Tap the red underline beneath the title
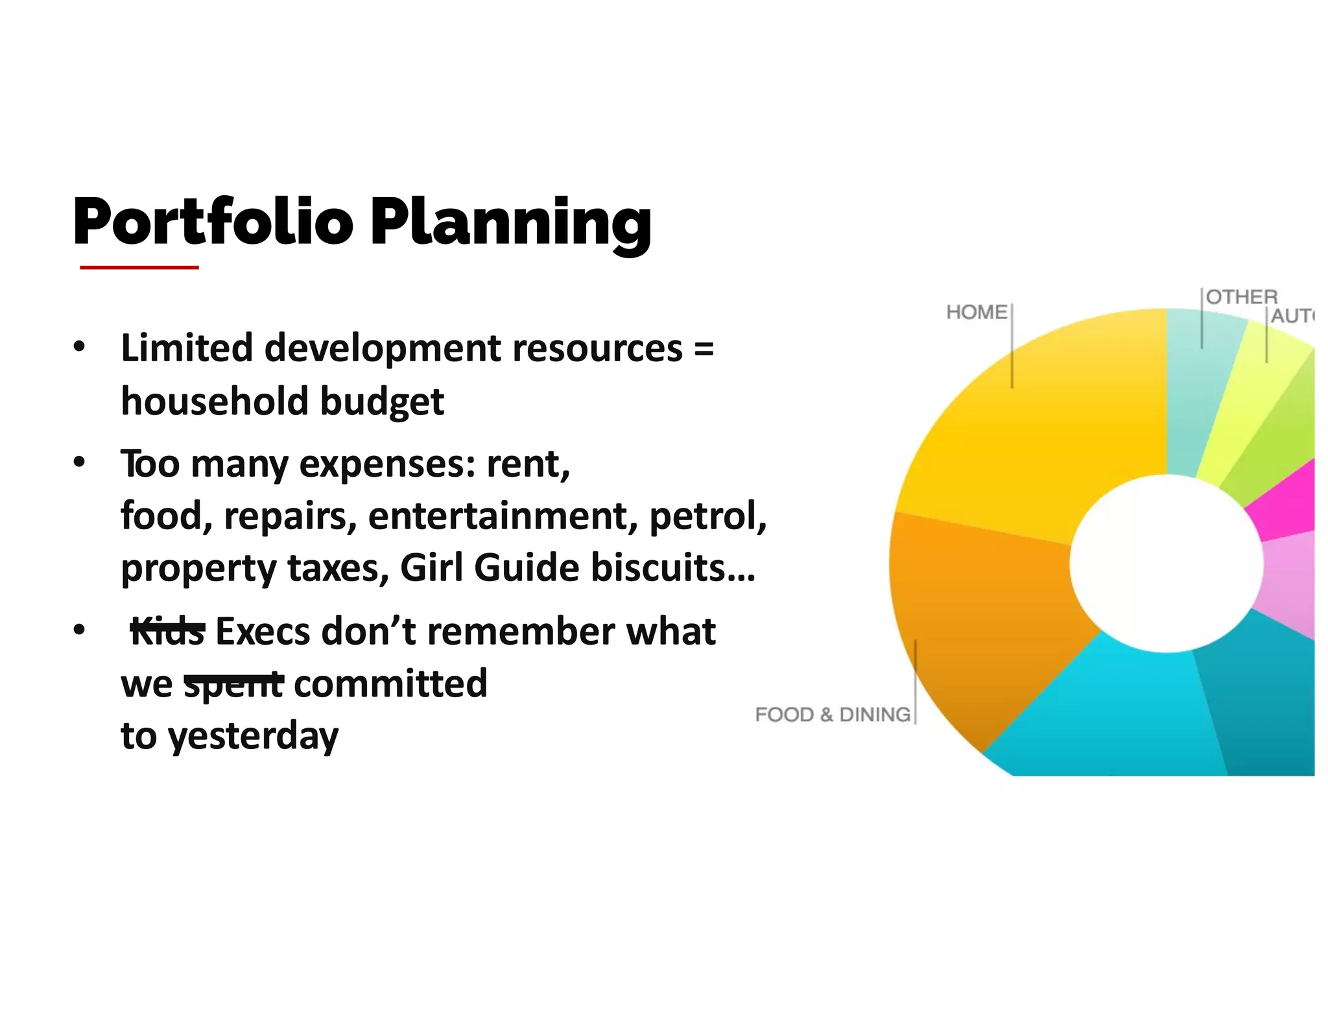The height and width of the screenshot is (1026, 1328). (139, 267)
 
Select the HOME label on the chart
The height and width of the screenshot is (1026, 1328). (976, 312)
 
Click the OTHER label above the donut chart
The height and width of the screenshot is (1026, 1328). (1241, 297)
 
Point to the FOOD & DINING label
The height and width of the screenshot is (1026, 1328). (833, 714)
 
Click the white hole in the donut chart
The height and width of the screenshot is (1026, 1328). (1166, 563)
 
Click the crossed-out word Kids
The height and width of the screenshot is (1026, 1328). (167, 631)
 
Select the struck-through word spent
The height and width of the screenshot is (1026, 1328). (233, 684)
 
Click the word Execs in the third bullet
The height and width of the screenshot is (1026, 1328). (263, 631)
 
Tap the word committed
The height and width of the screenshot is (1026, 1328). (390, 684)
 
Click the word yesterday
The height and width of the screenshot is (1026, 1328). (253, 736)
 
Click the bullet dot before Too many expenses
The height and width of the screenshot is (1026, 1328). (79, 463)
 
